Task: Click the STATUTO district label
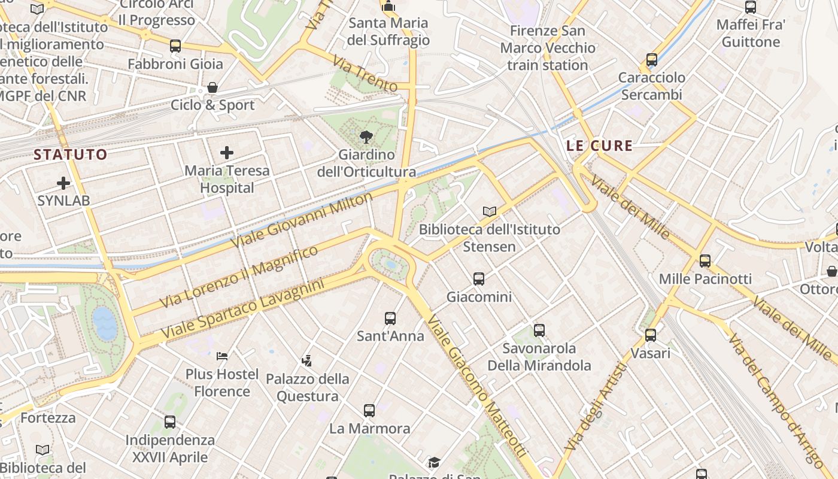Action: click(71, 154)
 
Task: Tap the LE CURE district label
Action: click(599, 145)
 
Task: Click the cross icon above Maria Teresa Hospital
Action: click(227, 153)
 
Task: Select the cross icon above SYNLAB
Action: click(63, 183)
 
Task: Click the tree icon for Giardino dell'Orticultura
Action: click(366, 137)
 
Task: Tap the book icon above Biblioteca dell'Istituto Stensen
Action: click(490, 211)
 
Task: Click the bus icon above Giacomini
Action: click(479, 278)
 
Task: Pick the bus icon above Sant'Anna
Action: click(390, 318)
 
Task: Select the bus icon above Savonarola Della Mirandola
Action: click(539, 330)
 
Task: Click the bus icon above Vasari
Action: click(651, 335)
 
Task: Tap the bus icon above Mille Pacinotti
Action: click(705, 260)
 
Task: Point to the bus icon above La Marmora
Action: click(369, 410)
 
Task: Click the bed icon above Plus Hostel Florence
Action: click(222, 356)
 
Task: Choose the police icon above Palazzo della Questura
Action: click(307, 360)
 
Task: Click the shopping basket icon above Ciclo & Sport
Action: click(212, 87)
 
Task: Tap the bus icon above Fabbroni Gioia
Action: click(175, 46)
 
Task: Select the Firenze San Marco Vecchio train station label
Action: click(548, 48)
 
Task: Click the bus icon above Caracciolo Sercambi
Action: click(652, 60)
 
